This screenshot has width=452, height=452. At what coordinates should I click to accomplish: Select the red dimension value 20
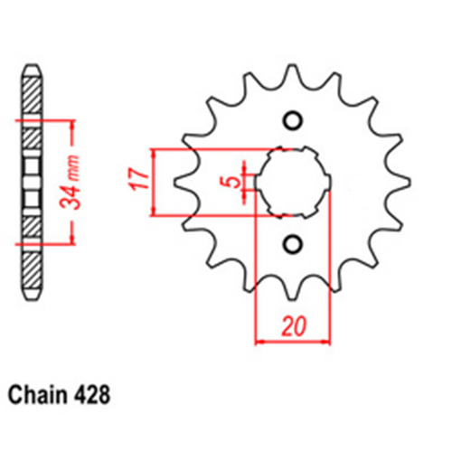291,326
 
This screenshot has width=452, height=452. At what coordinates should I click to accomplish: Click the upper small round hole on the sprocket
292,120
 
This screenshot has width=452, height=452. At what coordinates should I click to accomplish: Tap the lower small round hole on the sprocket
292,242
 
